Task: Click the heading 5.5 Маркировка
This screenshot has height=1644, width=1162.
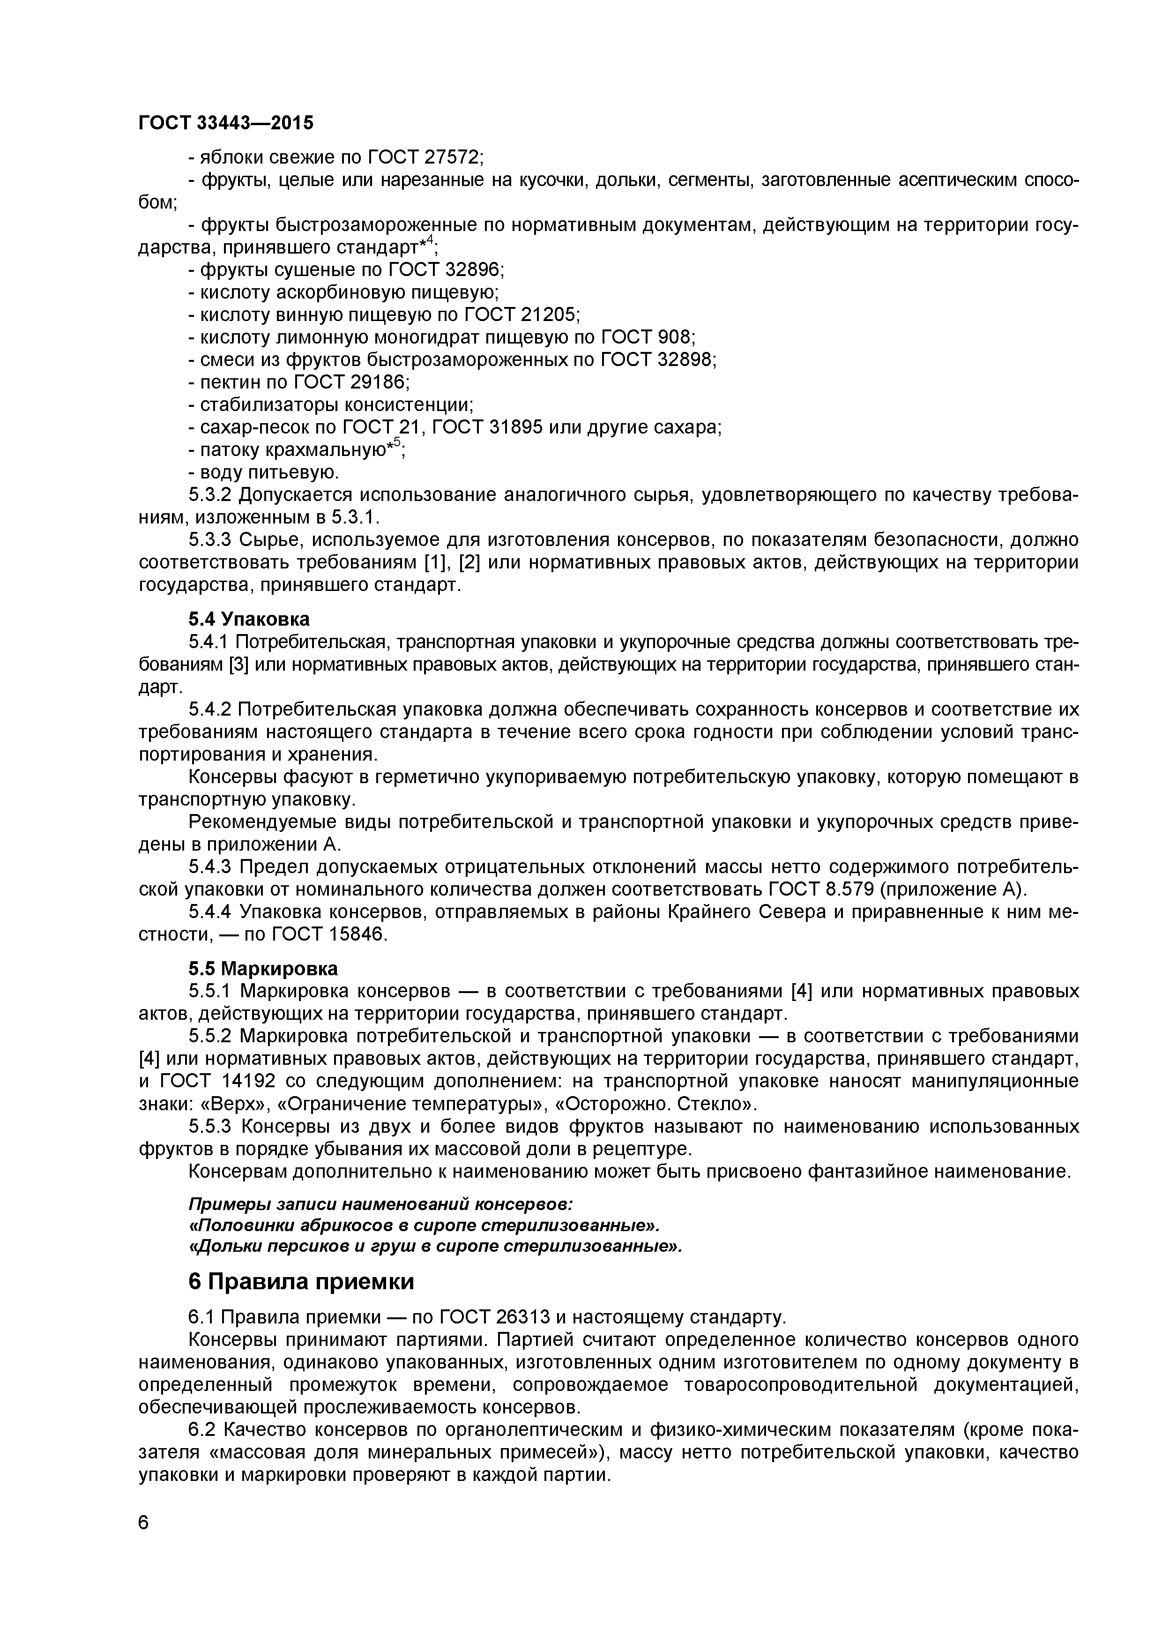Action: click(x=263, y=969)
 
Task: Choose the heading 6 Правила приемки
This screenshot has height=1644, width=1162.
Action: click(x=301, y=1281)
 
